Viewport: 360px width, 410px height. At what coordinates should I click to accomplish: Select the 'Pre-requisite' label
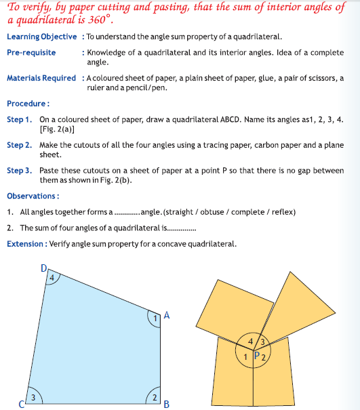point(31,52)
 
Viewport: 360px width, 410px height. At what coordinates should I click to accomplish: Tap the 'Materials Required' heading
point(41,78)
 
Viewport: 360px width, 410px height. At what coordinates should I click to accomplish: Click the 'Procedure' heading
point(28,104)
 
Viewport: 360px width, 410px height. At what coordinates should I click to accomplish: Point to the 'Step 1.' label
point(19,119)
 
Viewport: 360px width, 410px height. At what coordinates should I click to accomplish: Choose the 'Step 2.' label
point(19,145)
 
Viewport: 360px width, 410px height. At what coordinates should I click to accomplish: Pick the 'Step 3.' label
point(19,171)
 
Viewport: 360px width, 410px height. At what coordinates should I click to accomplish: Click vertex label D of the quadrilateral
point(44,268)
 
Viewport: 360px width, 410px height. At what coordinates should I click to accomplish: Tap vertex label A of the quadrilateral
point(167,316)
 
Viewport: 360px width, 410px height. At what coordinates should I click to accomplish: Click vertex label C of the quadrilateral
point(20,405)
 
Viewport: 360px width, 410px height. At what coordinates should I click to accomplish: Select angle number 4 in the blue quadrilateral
point(51,276)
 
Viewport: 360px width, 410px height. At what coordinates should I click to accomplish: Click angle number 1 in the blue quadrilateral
point(155,318)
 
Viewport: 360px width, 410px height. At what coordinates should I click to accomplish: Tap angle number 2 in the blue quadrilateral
point(155,396)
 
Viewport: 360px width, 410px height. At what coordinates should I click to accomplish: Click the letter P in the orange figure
point(256,354)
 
